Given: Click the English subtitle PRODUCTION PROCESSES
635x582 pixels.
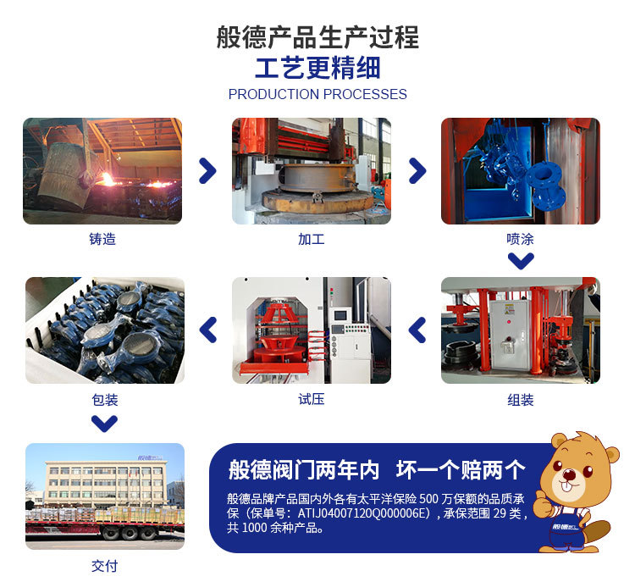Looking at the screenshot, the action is [317, 94].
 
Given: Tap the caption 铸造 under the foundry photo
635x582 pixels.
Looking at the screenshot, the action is [102, 239].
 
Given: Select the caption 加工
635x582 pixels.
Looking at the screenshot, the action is [312, 239].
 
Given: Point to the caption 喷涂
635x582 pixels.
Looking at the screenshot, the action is [521, 239].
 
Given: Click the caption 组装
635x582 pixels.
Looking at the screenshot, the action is [521, 400].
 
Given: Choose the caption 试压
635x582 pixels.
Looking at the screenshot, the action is [312, 399].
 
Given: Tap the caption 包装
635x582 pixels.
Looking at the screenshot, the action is [105, 400].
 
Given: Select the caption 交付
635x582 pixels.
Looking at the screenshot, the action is [105, 566].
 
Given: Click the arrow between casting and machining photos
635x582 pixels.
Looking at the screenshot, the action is [207, 170].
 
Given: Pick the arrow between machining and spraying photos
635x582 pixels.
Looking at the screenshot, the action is [417, 170].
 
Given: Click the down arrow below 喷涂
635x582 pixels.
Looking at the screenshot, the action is [521, 261].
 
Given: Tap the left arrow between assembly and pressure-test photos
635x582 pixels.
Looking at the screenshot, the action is [417, 330].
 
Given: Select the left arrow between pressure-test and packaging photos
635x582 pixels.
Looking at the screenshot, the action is [208, 330].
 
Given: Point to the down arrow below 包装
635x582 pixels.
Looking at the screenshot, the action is [104, 424].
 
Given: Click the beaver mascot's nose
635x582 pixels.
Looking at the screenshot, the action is [570, 473].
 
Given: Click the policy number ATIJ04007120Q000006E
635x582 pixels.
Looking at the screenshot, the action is [363, 513].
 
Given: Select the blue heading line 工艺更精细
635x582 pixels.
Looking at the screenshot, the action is [317, 68].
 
